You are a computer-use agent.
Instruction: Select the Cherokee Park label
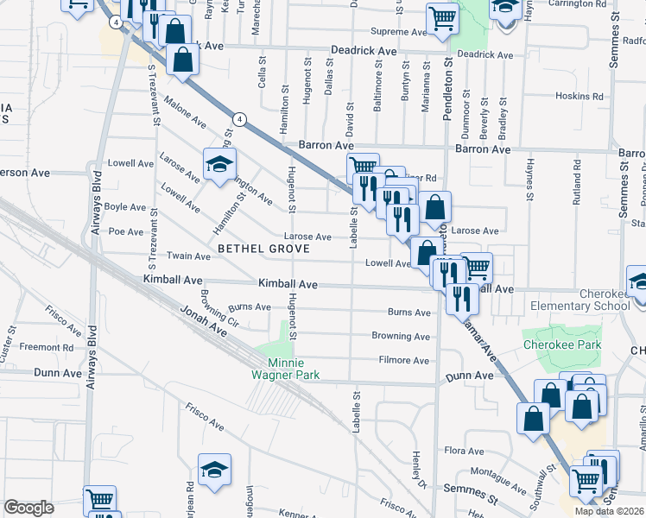click(x=561, y=344)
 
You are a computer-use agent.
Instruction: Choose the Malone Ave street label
click(x=185, y=114)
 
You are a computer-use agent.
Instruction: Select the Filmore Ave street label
click(x=403, y=360)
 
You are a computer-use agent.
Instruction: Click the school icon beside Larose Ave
click(x=219, y=161)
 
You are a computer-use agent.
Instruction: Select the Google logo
click(x=28, y=508)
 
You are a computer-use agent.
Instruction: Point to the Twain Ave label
click(x=188, y=256)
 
